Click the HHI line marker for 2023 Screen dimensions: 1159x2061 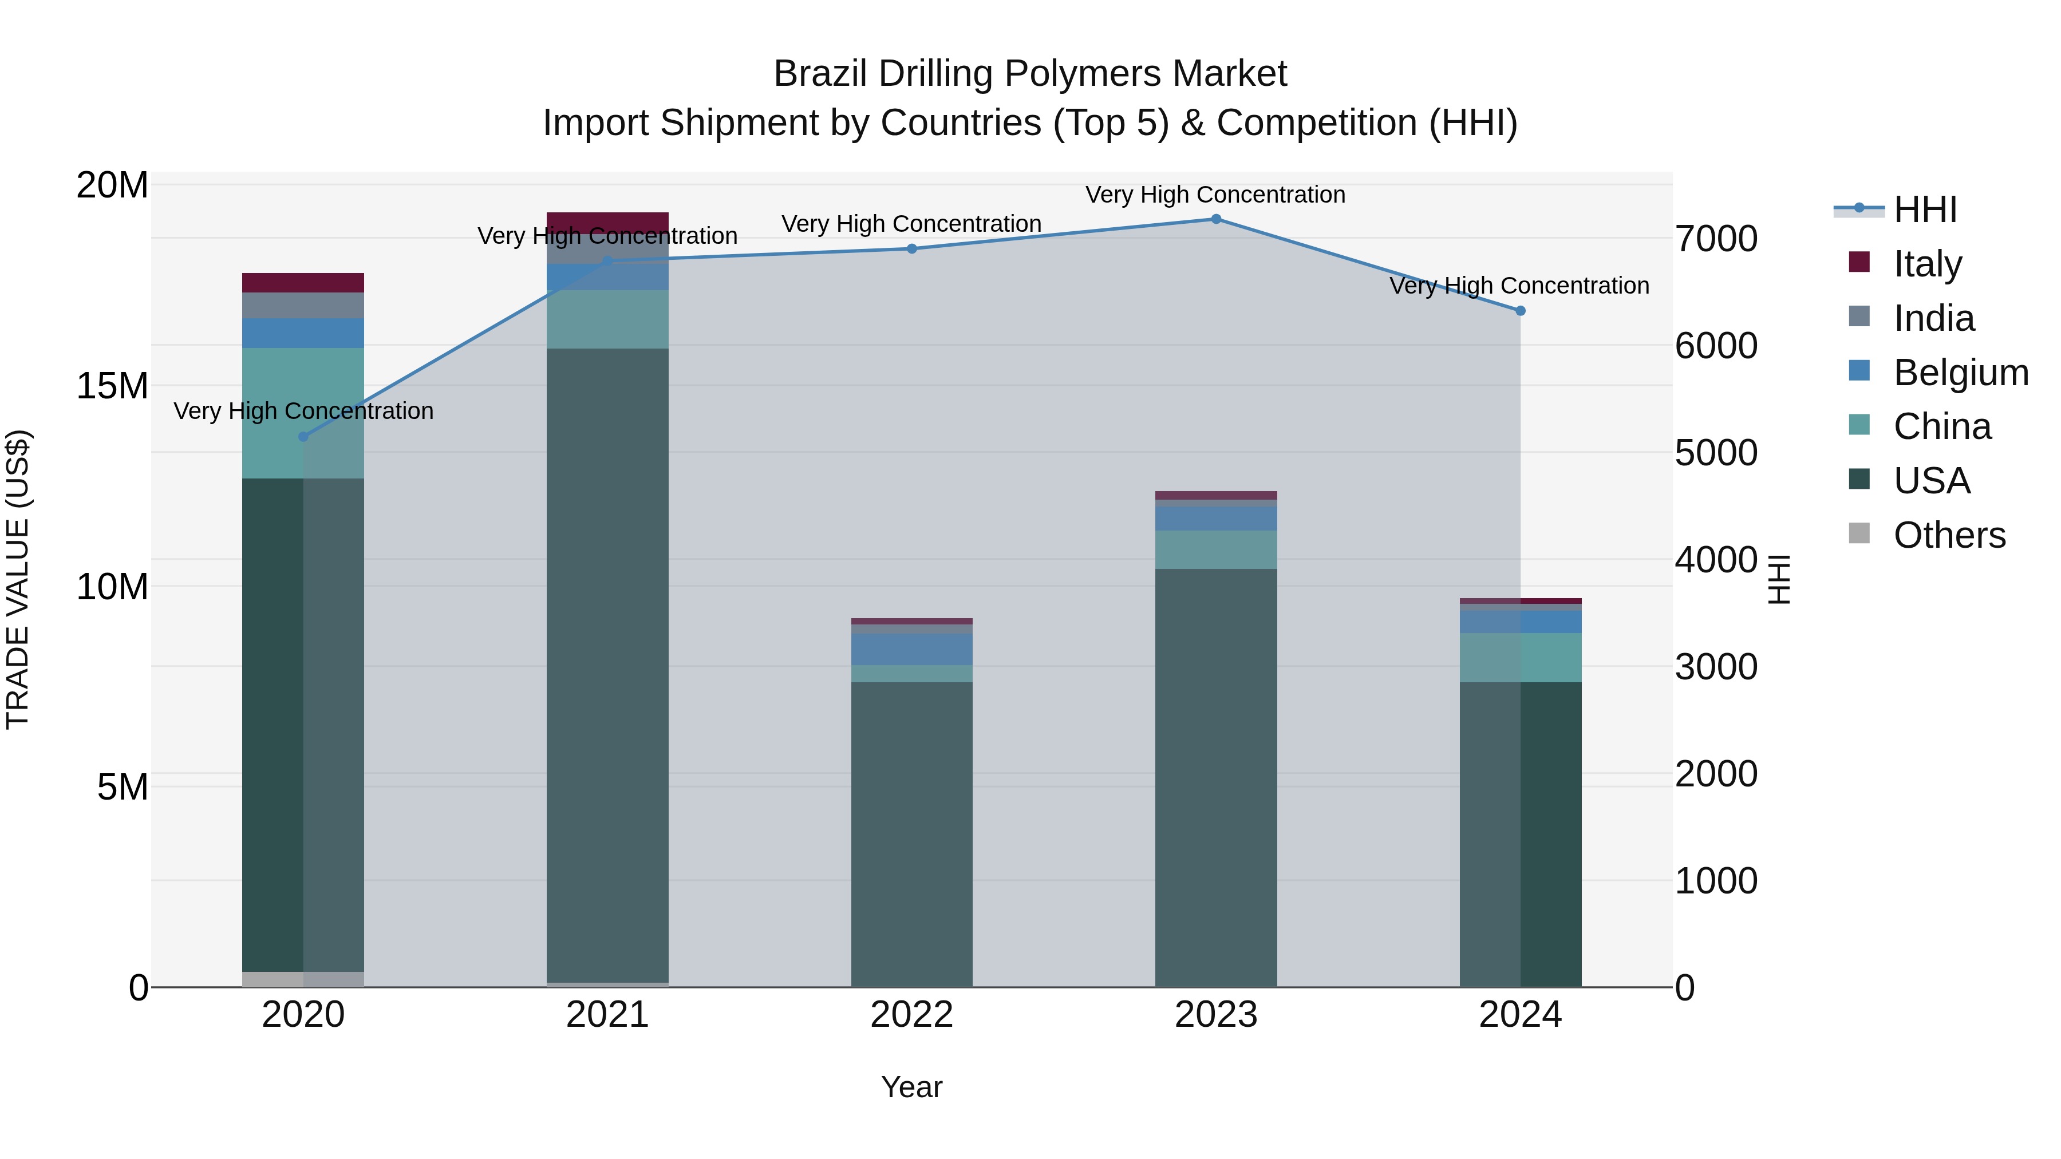(1215, 219)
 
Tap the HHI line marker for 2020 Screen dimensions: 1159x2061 (303, 437)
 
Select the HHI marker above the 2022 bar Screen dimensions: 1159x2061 (911, 249)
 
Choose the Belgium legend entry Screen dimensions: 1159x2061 (1960, 373)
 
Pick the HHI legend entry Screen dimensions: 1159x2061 (1925, 209)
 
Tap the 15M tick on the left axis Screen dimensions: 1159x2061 (112, 386)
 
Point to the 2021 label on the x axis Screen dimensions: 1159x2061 (607, 1015)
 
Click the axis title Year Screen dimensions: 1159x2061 (911, 1087)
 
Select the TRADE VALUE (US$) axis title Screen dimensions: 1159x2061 (18, 579)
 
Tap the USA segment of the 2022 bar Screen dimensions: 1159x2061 (911, 832)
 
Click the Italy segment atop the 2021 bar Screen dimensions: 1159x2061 (607, 221)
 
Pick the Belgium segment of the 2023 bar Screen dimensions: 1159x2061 (1215, 519)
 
